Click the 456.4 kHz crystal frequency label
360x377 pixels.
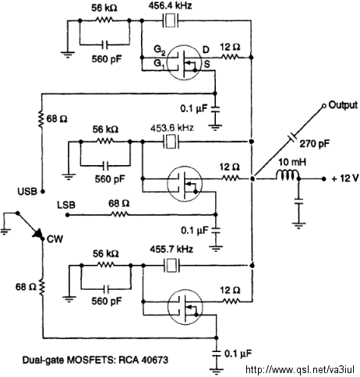170,6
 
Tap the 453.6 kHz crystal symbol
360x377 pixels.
171,142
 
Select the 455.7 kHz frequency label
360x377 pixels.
171,249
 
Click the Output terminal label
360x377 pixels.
343,105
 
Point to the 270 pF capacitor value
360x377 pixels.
315,143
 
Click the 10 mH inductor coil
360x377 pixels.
288,174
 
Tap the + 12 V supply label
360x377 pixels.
345,178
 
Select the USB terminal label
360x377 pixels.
27,192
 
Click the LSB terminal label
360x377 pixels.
66,205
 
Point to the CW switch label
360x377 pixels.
55,239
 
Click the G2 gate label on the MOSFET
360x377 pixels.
159,50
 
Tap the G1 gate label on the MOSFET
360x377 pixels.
159,64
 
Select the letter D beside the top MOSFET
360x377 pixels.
206,49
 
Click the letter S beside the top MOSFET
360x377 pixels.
206,64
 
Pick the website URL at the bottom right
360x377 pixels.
300,370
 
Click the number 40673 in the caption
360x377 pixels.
155,360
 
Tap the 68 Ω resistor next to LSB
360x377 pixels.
119,214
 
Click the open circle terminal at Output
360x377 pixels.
324,106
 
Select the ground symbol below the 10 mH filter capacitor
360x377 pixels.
298,225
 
